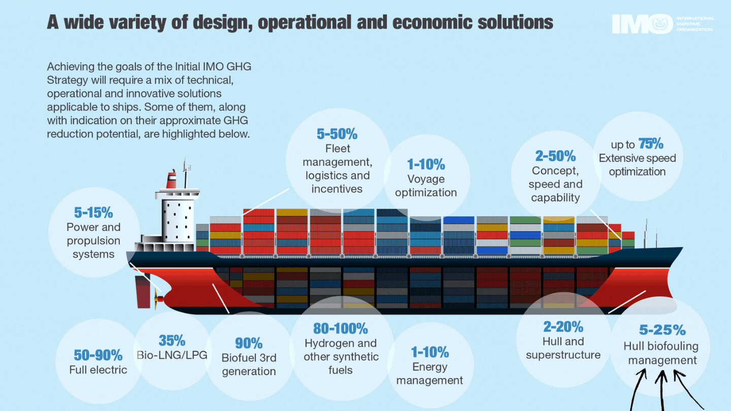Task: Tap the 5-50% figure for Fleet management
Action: pyautogui.click(x=337, y=134)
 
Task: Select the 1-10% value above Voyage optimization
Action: pyautogui.click(x=426, y=164)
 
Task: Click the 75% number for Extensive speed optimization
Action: pyautogui.click(x=651, y=144)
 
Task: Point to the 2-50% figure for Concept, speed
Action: pyautogui.click(x=555, y=156)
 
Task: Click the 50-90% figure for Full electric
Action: pyautogui.click(x=98, y=354)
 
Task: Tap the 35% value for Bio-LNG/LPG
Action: pyautogui.click(x=172, y=340)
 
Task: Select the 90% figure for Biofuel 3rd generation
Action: pyautogui.click(x=249, y=343)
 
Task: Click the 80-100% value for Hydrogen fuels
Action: pyautogui.click(x=340, y=328)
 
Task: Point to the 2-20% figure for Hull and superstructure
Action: pyautogui.click(x=563, y=326)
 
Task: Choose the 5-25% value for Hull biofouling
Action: pyautogui.click(x=662, y=330)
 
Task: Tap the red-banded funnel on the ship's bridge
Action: pyautogui.click(x=172, y=180)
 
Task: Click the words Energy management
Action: pyautogui.click(x=429, y=373)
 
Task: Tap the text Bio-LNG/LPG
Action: pyautogui.click(x=172, y=355)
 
